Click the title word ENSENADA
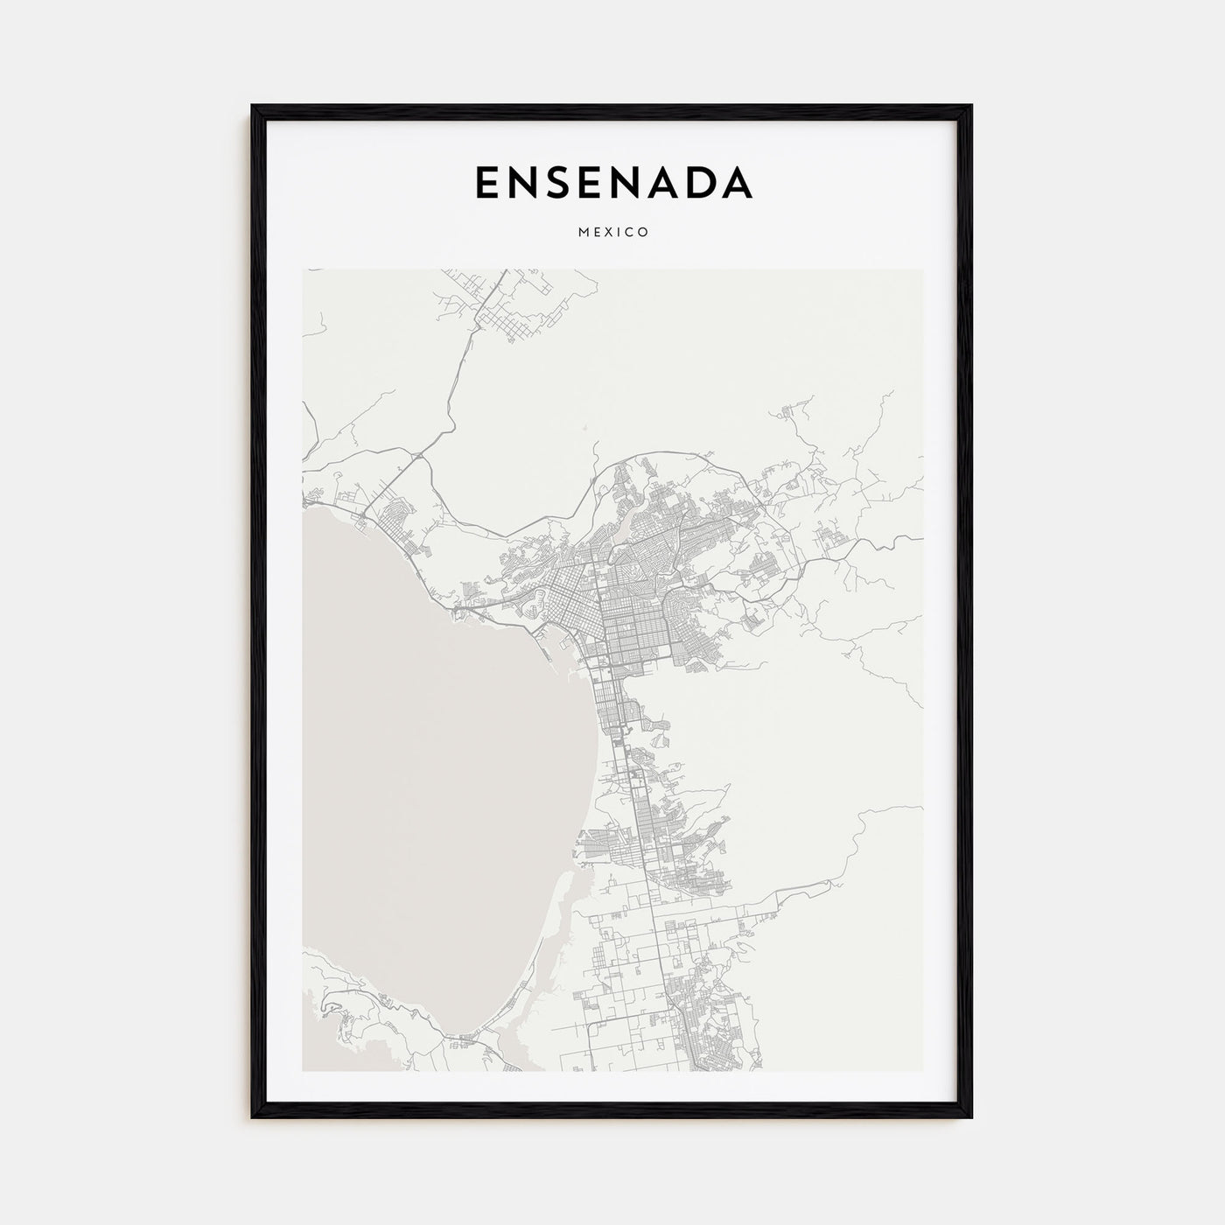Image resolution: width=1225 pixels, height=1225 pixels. click(612, 182)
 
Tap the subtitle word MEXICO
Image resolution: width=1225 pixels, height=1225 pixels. click(612, 233)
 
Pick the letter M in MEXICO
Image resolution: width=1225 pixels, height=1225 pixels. click(581, 233)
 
